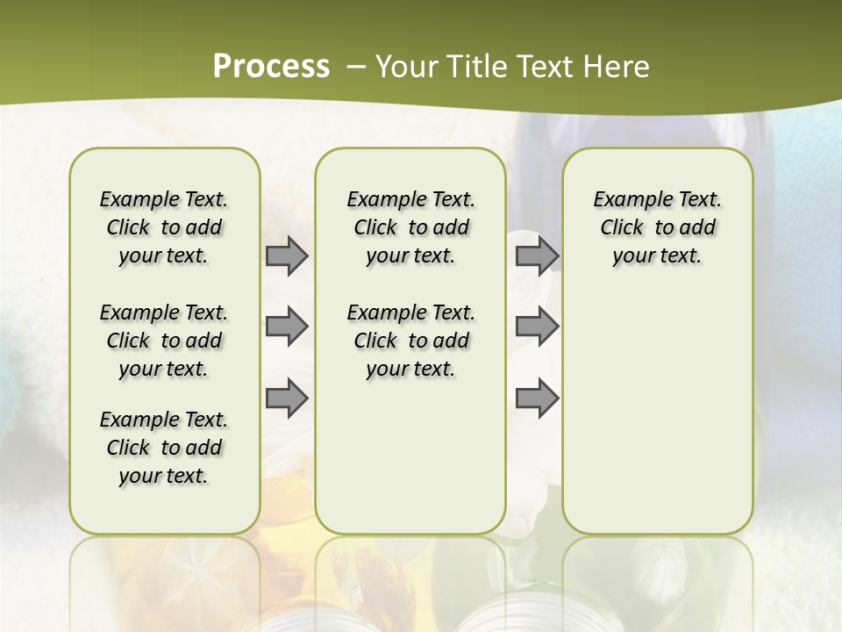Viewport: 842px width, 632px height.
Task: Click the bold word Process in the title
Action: pyautogui.click(x=271, y=67)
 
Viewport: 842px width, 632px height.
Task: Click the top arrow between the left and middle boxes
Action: pyautogui.click(x=287, y=256)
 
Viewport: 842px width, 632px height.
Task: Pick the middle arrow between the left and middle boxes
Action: pyautogui.click(x=287, y=327)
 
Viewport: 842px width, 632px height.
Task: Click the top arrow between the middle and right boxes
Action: pyautogui.click(x=537, y=256)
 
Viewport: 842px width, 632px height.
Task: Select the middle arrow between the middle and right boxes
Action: pyautogui.click(x=537, y=327)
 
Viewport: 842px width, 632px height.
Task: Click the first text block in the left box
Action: pyautogui.click(x=164, y=227)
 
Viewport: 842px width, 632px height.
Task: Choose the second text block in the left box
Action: pyautogui.click(x=164, y=341)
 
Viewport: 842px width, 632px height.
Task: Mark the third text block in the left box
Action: pyautogui.click(x=164, y=448)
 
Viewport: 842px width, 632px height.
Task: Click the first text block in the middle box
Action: pyautogui.click(x=410, y=227)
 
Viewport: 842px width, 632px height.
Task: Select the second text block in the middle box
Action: pyautogui.click(x=410, y=341)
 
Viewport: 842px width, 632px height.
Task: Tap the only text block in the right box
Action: pyautogui.click(x=657, y=227)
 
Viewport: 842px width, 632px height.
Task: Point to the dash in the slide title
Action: pyautogui.click(x=355, y=67)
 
